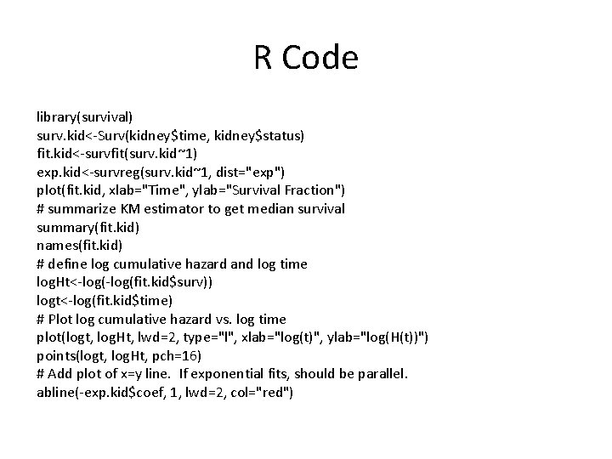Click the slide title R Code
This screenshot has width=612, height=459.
pos(306,58)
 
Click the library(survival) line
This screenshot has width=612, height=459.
pos(84,114)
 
